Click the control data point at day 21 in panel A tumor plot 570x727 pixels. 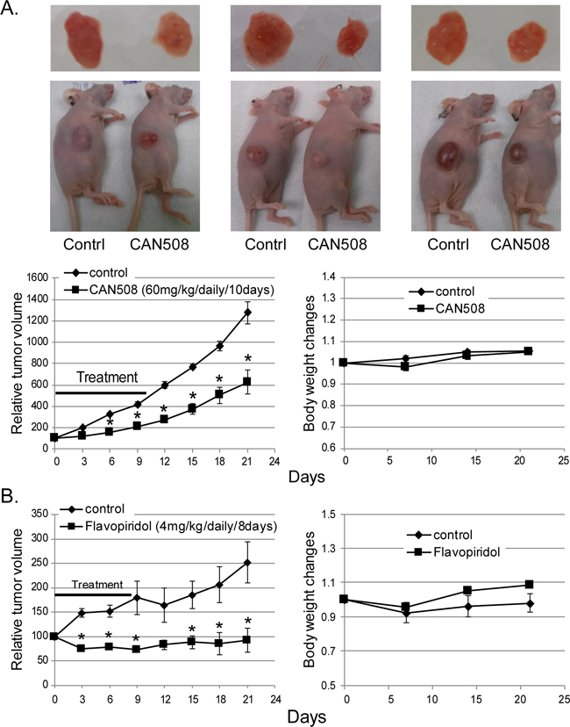[x=247, y=313]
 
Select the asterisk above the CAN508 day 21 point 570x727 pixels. [x=247, y=358]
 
